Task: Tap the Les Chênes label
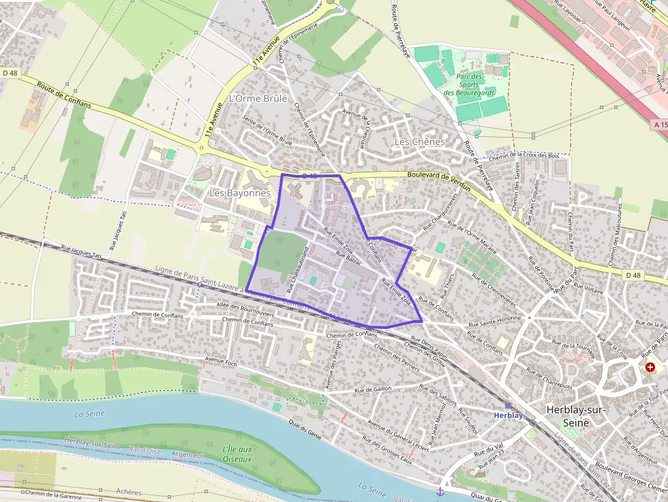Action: pyautogui.click(x=419, y=142)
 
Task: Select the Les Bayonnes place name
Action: pyautogui.click(x=239, y=193)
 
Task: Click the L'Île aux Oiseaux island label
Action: pyautogui.click(x=237, y=454)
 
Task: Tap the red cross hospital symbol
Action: pyautogui.click(x=650, y=367)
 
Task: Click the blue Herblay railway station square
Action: pyautogui.click(x=508, y=405)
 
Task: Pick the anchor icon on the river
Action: pyautogui.click(x=440, y=491)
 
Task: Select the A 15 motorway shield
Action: pyautogui.click(x=659, y=125)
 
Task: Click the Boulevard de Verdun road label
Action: pyautogui.click(x=439, y=176)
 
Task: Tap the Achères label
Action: pyautogui.click(x=129, y=492)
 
